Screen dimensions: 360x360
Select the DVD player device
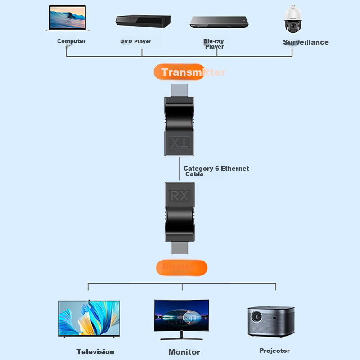click(x=143, y=21)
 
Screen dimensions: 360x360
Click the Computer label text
click(x=71, y=41)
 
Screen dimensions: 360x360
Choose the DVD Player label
click(x=135, y=41)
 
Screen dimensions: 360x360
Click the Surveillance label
click(x=306, y=42)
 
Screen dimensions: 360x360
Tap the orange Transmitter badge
click(x=180, y=72)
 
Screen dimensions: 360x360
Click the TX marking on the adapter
click(x=180, y=144)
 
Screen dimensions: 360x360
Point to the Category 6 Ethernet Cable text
click(x=216, y=171)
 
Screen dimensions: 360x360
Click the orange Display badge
click(x=181, y=267)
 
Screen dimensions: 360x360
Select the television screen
click(x=89, y=318)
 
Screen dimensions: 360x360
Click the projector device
click(x=271, y=321)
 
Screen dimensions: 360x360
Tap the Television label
click(x=95, y=352)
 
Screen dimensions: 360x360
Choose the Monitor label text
click(x=184, y=352)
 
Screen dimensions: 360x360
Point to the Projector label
click(x=274, y=351)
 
